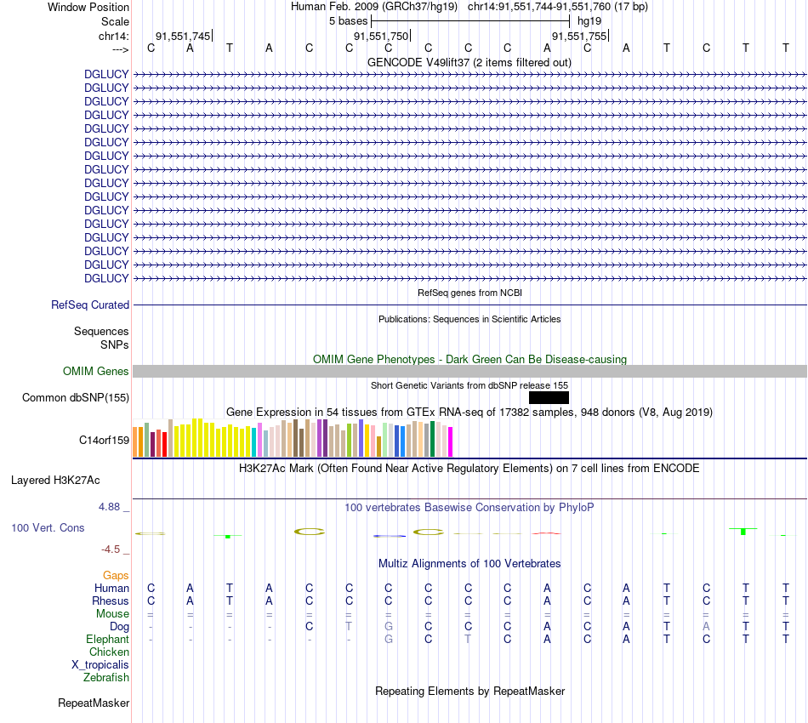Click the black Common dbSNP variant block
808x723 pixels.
click(549, 397)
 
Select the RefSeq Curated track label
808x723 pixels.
click(90, 305)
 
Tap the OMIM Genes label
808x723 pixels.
click(96, 372)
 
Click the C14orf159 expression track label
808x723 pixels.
click(104, 441)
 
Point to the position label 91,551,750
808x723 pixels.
click(381, 37)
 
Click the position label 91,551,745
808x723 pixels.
click(182, 37)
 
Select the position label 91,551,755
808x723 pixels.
click(579, 37)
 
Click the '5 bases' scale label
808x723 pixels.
click(348, 20)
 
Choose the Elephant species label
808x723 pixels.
click(107, 640)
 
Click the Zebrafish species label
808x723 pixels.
click(106, 678)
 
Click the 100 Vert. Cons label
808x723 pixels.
click(48, 528)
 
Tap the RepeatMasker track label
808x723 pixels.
click(94, 703)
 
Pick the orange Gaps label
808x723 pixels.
click(116, 576)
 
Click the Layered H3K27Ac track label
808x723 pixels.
click(55, 481)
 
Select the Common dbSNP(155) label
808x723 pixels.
click(76, 398)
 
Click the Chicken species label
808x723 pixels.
click(109, 652)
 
